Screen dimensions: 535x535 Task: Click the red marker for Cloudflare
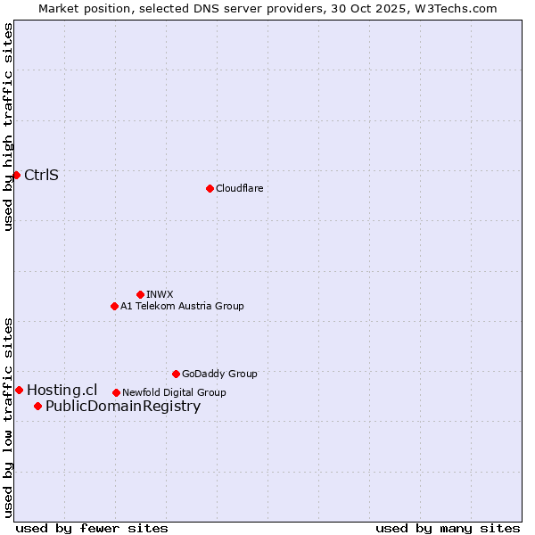pyautogui.click(x=210, y=188)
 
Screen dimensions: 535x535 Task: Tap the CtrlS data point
pyautogui.click(x=16, y=175)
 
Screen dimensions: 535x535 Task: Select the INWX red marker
pyautogui.click(x=140, y=294)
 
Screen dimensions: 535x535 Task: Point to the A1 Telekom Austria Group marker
pyautogui.click(x=114, y=306)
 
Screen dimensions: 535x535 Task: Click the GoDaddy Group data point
pyautogui.click(x=176, y=374)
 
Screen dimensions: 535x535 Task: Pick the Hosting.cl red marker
pyautogui.click(x=19, y=390)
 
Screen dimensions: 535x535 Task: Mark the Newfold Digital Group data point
pyautogui.click(x=116, y=392)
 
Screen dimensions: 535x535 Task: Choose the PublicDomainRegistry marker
pyautogui.click(x=37, y=407)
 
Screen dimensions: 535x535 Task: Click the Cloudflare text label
pyautogui.click(x=240, y=188)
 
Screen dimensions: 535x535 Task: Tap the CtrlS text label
pyautogui.click(x=41, y=175)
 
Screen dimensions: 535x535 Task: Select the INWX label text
pyautogui.click(x=160, y=294)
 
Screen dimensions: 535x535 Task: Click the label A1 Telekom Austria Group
pyautogui.click(x=182, y=306)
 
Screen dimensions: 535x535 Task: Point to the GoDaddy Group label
pyautogui.click(x=219, y=374)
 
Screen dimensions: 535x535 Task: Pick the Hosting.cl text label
pyautogui.click(x=62, y=390)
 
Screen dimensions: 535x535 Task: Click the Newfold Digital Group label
pyautogui.click(x=174, y=392)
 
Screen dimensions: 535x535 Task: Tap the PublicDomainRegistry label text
pyautogui.click(x=123, y=407)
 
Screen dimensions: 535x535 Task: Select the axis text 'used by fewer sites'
pyautogui.click(x=92, y=528)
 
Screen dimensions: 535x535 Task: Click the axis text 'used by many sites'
pyautogui.click(x=448, y=528)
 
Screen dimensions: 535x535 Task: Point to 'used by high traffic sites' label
pyautogui.click(x=8, y=127)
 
